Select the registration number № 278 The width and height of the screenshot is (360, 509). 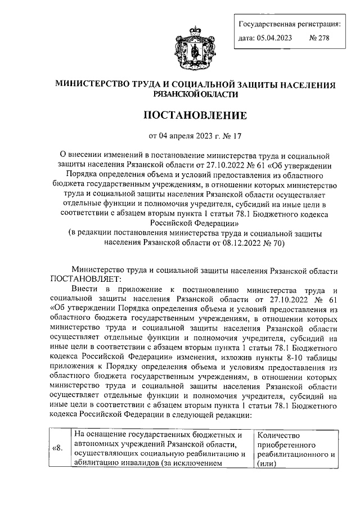[319, 38]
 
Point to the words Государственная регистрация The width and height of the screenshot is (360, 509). [290, 24]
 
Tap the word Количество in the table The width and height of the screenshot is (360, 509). [278, 435]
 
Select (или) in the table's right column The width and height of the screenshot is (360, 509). [268, 463]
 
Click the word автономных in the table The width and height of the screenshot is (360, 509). [97, 444]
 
